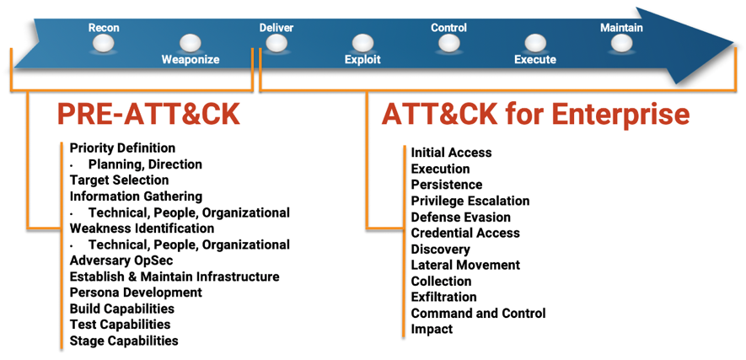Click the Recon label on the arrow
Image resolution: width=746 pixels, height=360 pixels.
point(104,28)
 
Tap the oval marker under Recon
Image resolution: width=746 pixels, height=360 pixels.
point(104,44)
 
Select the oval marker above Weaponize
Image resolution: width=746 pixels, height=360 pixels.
point(191,44)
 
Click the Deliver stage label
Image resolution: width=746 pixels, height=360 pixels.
point(276,28)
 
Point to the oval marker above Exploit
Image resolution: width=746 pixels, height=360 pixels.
point(362,44)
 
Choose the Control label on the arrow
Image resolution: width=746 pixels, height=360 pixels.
point(448,28)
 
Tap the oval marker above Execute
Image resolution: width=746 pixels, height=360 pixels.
point(535,44)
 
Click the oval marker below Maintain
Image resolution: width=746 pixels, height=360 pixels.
point(621,44)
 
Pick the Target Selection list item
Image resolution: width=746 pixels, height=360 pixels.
point(119,180)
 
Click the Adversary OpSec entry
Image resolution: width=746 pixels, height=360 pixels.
point(121,261)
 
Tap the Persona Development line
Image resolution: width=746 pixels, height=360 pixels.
point(136,293)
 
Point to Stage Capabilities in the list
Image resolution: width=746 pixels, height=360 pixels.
point(124,341)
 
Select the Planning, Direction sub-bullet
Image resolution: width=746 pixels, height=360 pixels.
point(145,165)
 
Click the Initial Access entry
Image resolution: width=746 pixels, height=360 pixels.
point(452,153)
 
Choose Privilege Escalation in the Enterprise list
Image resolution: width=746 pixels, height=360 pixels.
point(470,201)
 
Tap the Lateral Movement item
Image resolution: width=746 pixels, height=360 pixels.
point(466,265)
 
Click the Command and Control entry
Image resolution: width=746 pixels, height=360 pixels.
point(479,314)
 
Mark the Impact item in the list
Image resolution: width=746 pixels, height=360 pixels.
point(432,329)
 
